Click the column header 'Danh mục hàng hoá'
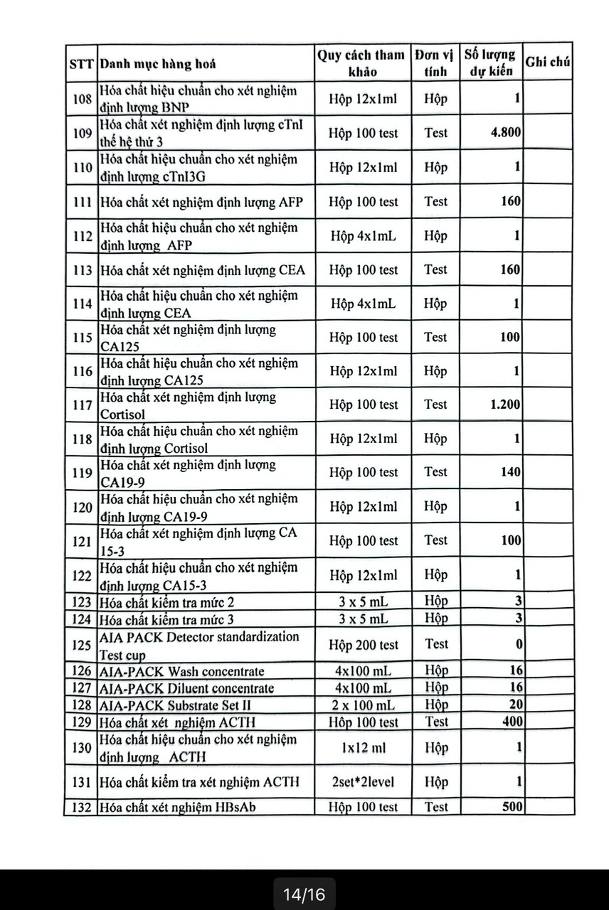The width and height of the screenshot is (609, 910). pos(158,64)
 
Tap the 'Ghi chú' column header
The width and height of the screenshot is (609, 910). pos(548,62)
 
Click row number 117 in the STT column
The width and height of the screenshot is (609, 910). pos(82,405)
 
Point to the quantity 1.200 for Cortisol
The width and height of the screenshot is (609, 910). pos(505,405)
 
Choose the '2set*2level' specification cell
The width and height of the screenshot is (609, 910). pos(363,782)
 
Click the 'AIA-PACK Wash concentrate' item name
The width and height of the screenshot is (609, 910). pos(182,671)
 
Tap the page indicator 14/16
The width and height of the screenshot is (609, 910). pos(304,894)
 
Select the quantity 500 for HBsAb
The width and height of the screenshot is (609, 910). pos(511,807)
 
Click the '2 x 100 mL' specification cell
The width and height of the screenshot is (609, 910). pos(363,705)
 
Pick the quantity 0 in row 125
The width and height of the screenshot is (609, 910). pos(519,645)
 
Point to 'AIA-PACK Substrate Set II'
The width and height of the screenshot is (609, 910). pos(176,705)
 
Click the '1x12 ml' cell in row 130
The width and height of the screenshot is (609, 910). pos(363,748)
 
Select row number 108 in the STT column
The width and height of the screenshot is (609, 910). pos(82,99)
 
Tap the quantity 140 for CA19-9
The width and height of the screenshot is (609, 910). pos(510,472)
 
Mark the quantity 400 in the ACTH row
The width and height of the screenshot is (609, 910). pos(511,722)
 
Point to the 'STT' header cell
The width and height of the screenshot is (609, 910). pos(82,64)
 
